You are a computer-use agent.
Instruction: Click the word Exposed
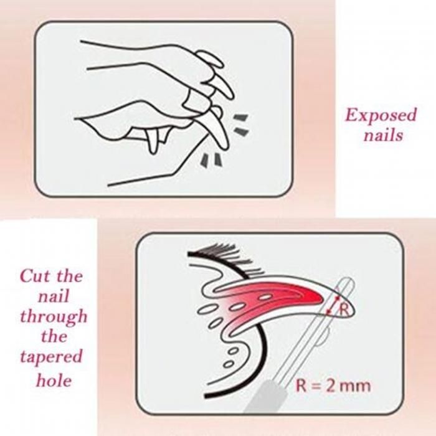point(381,115)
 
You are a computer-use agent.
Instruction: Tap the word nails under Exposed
point(384,135)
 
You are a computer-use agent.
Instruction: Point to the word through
point(54,317)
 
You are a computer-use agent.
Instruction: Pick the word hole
point(54,380)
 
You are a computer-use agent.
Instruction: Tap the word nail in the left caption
point(54,296)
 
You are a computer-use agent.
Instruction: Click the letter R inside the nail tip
point(344,310)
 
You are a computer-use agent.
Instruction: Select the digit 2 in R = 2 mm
point(329,386)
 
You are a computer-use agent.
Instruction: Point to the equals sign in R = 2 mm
point(316,387)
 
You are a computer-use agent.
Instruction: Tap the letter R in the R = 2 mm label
point(301,386)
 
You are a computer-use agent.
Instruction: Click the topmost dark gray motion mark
point(240,118)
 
